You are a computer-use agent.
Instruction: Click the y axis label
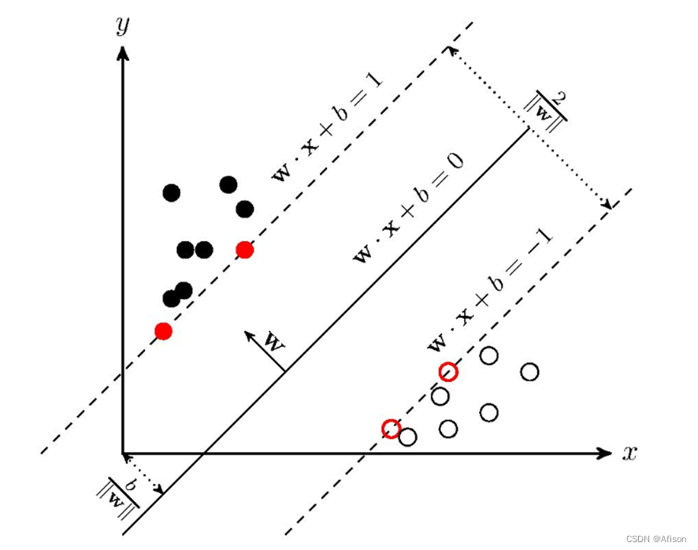tap(122, 26)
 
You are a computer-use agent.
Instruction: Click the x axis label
tap(629, 453)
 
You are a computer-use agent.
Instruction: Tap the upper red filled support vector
tap(244, 250)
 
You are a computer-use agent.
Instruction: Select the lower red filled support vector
tap(163, 331)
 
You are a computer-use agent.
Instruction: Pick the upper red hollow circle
tap(447, 371)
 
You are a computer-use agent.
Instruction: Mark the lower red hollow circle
tap(391, 428)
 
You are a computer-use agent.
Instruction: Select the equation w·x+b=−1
tap(489, 291)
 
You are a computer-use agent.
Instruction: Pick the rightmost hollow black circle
tap(529, 371)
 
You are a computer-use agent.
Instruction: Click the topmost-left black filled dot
tap(171, 193)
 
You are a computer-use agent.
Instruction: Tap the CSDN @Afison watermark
tap(658, 539)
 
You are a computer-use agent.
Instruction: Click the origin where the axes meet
tap(123, 453)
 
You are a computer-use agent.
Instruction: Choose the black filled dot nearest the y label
tap(171, 193)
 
